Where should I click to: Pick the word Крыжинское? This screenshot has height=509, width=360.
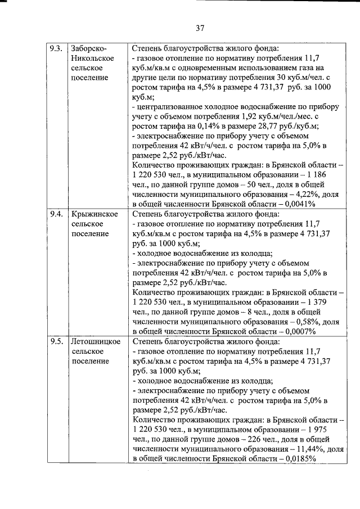click(x=94, y=214)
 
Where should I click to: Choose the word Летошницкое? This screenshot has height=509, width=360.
click(x=96, y=341)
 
